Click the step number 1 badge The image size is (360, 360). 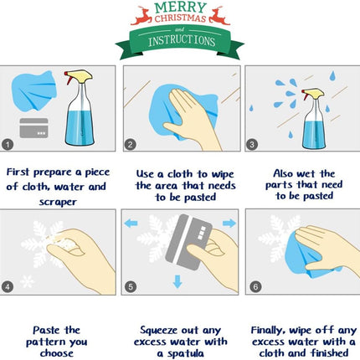(x=8, y=145)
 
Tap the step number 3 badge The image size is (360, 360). (x=252, y=145)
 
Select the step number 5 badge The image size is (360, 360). (x=131, y=286)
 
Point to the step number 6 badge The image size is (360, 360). (x=255, y=286)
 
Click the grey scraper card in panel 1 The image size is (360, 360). (x=33, y=128)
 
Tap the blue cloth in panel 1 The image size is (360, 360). (x=33, y=90)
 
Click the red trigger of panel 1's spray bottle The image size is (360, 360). (x=68, y=78)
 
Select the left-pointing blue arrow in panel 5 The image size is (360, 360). (x=131, y=223)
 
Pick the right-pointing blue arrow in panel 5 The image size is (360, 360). (x=229, y=223)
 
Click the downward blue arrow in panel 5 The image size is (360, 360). (x=177, y=281)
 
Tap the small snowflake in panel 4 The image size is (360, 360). (x=27, y=281)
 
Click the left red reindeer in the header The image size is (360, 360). (x=141, y=16)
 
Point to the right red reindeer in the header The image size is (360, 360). (x=219, y=16)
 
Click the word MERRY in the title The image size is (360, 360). (x=180, y=8)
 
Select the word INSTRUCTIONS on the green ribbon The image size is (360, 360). (x=182, y=41)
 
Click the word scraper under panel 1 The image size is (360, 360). (x=58, y=202)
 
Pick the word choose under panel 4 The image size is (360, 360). (x=57, y=353)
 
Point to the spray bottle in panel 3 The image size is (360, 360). (x=314, y=119)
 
